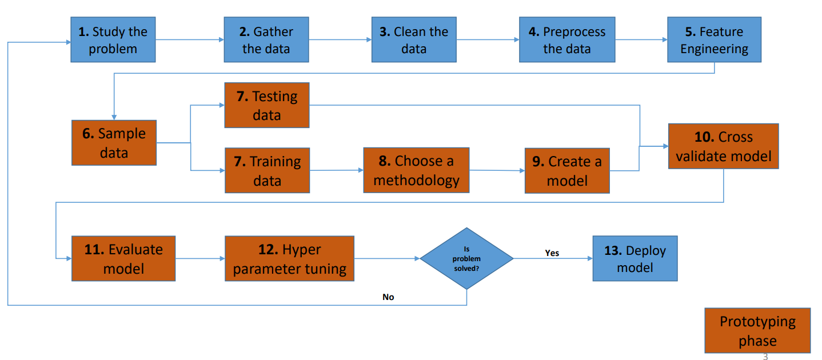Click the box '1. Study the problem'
(x=113, y=39)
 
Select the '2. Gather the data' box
(x=266, y=39)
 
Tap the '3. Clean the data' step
(x=414, y=39)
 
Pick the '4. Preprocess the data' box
(x=567, y=39)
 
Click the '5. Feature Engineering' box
(x=714, y=39)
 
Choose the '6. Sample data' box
(x=114, y=143)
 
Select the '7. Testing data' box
(x=266, y=105)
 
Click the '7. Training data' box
(x=267, y=170)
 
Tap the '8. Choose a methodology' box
(x=416, y=170)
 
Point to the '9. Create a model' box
(x=567, y=170)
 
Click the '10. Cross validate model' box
(x=723, y=146)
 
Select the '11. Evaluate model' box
(x=123, y=258)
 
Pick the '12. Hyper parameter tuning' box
(x=289, y=258)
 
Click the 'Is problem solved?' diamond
(x=466, y=258)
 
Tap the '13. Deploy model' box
(x=635, y=258)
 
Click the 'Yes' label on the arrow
(x=552, y=253)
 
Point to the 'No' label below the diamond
(x=388, y=297)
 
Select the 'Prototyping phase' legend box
(x=757, y=331)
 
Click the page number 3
(x=765, y=357)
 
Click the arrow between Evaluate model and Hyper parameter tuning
(x=200, y=259)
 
